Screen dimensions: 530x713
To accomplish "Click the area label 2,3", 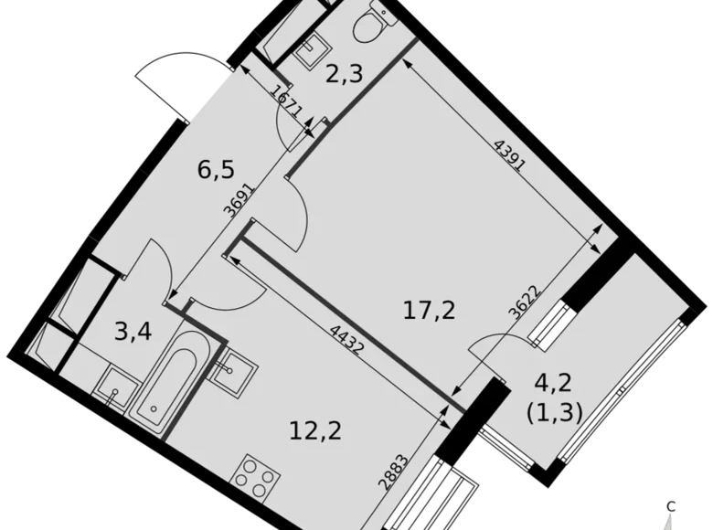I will pyautogui.click(x=346, y=73).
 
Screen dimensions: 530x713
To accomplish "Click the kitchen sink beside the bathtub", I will pyautogui.click(x=229, y=367).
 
